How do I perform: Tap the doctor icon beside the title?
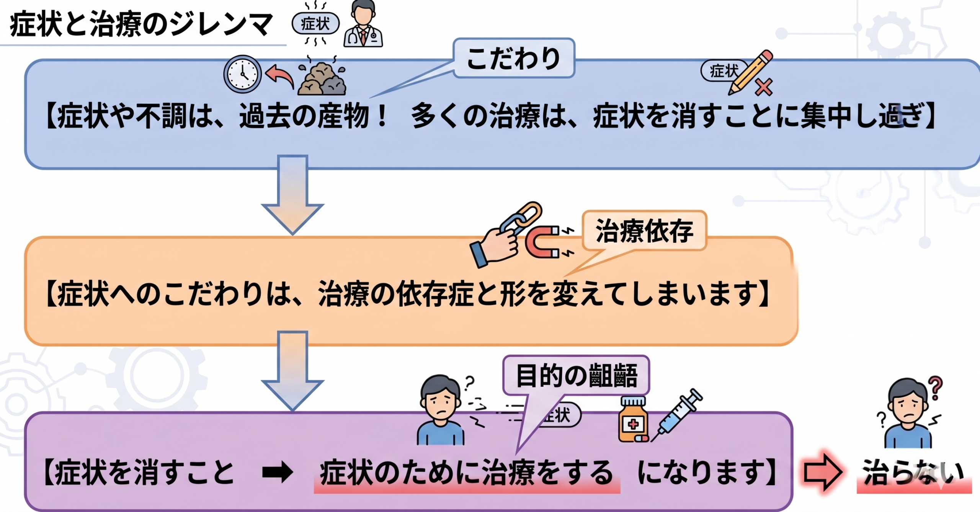[x=363, y=25]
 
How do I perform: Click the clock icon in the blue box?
[x=242, y=74]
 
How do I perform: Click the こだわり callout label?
[x=514, y=59]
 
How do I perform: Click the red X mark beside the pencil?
[x=764, y=87]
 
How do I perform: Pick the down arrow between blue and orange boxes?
[x=292, y=193]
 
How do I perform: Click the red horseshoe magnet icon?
[x=543, y=242]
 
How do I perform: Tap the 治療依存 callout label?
[x=644, y=231]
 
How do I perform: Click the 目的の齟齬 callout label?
[x=576, y=375]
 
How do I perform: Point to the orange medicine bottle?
[x=633, y=420]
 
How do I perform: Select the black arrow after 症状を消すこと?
[x=278, y=472]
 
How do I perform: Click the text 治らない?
[x=913, y=472]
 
